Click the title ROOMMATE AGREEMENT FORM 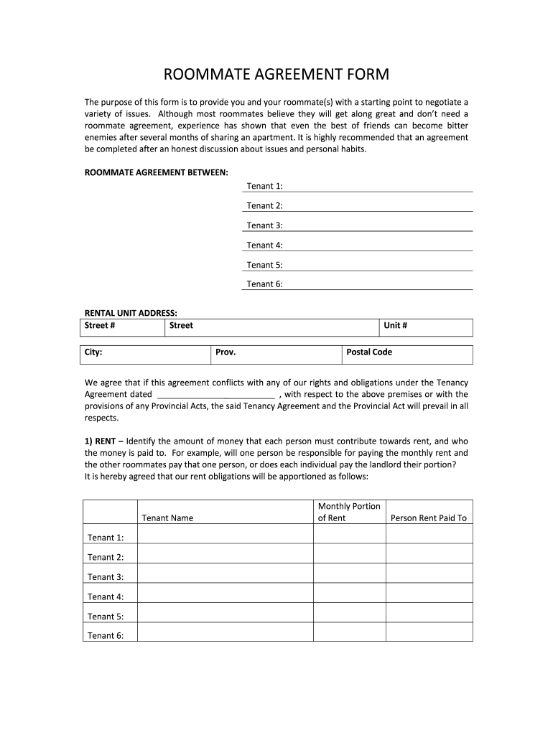[276, 75]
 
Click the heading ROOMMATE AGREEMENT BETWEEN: [157, 172]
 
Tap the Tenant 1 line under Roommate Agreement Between [378, 186]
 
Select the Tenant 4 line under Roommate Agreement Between [378, 245]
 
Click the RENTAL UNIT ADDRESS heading [131, 313]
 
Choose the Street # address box [123, 327]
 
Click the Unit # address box [426, 327]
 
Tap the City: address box [144, 355]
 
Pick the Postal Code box [406, 355]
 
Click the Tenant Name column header [167, 518]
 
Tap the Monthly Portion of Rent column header [349, 512]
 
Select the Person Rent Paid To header [428, 518]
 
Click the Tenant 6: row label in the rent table [106, 635]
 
